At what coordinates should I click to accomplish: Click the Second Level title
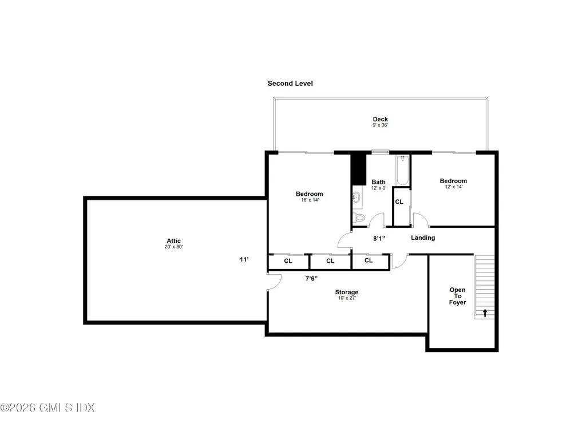click(x=290, y=84)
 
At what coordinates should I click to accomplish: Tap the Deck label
click(x=381, y=120)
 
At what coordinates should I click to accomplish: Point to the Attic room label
click(x=174, y=241)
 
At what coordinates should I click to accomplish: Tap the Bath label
click(x=378, y=183)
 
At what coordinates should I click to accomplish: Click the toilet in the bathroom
click(x=359, y=218)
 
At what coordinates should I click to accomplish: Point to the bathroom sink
click(x=355, y=198)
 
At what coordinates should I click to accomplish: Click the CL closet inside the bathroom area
click(x=399, y=202)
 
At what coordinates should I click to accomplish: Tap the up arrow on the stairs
click(x=485, y=313)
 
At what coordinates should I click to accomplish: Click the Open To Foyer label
click(x=457, y=296)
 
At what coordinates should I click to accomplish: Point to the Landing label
click(x=423, y=238)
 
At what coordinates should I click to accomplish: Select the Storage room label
click(x=347, y=292)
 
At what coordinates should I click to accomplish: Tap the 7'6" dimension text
click(x=311, y=278)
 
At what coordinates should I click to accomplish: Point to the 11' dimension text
click(x=244, y=259)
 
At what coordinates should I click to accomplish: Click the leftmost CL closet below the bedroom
click(x=288, y=261)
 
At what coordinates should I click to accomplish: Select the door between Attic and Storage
click(x=274, y=282)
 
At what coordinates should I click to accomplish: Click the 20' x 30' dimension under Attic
click(x=174, y=247)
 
